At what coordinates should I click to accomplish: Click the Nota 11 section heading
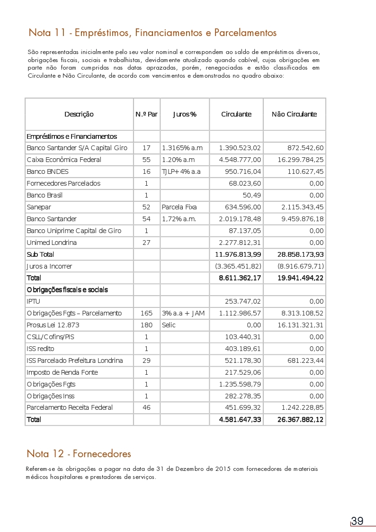[x=152, y=33]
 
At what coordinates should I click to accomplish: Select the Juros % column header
[x=185, y=114]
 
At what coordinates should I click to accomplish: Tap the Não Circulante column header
[x=294, y=114]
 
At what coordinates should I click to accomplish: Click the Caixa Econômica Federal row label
[x=64, y=160]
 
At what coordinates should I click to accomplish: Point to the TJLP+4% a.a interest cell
[x=181, y=171]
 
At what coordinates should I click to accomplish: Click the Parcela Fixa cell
[x=179, y=207]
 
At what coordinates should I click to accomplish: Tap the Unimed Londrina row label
[x=52, y=243]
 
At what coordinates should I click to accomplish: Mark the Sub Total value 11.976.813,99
[x=238, y=254]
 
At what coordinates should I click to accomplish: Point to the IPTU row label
[x=34, y=301]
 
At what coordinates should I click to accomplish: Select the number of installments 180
[x=146, y=325]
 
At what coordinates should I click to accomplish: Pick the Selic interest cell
[x=169, y=325]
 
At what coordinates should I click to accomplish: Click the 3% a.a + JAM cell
[x=183, y=313]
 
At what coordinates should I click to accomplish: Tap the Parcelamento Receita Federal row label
[x=70, y=407]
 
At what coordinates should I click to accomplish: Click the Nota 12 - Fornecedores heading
[x=79, y=454]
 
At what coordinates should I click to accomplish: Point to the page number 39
[x=358, y=521]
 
